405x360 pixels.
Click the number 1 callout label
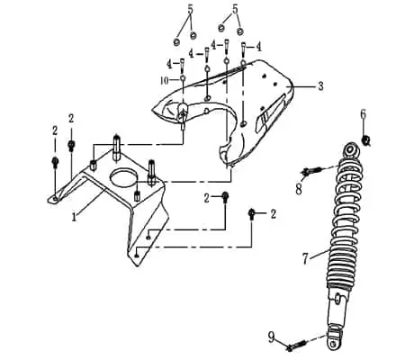pyautogui.click(x=74, y=217)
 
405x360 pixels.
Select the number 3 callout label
pyautogui.click(x=320, y=86)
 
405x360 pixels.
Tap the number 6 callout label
pyautogui.click(x=363, y=114)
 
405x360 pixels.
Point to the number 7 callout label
pyautogui.click(x=305, y=258)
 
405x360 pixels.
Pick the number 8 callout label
pyautogui.click(x=299, y=189)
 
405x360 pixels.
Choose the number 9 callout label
pyautogui.click(x=271, y=338)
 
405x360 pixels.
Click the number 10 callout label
pyautogui.click(x=165, y=80)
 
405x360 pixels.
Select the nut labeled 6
pyautogui.click(x=365, y=140)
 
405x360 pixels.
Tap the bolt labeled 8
pyautogui.click(x=311, y=171)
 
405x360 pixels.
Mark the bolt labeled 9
pyautogui.click(x=296, y=346)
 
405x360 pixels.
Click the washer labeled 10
pyautogui.click(x=182, y=78)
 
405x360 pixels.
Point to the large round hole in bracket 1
pyautogui.click(x=123, y=178)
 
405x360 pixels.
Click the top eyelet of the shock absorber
pyautogui.click(x=350, y=149)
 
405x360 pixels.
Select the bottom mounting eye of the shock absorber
pyautogui.click(x=333, y=343)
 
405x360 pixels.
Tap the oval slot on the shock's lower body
pyautogui.click(x=337, y=299)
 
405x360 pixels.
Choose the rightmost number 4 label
pyautogui.click(x=258, y=47)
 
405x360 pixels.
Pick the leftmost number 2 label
pyautogui.click(x=55, y=130)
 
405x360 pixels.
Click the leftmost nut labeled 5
pyautogui.click(x=176, y=42)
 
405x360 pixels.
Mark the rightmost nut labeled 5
pyautogui.click(x=239, y=31)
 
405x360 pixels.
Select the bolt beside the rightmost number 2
pyautogui.click(x=251, y=214)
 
